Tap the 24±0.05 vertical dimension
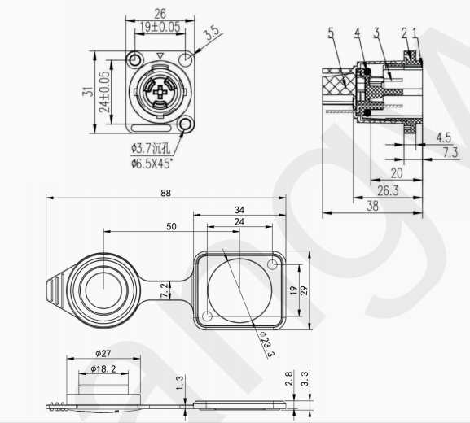(103, 92)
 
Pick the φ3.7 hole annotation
(151, 149)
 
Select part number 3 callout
(376, 33)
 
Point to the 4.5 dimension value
(444, 136)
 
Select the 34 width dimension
(239, 209)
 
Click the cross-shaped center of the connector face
(160, 92)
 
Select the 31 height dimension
(87, 92)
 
